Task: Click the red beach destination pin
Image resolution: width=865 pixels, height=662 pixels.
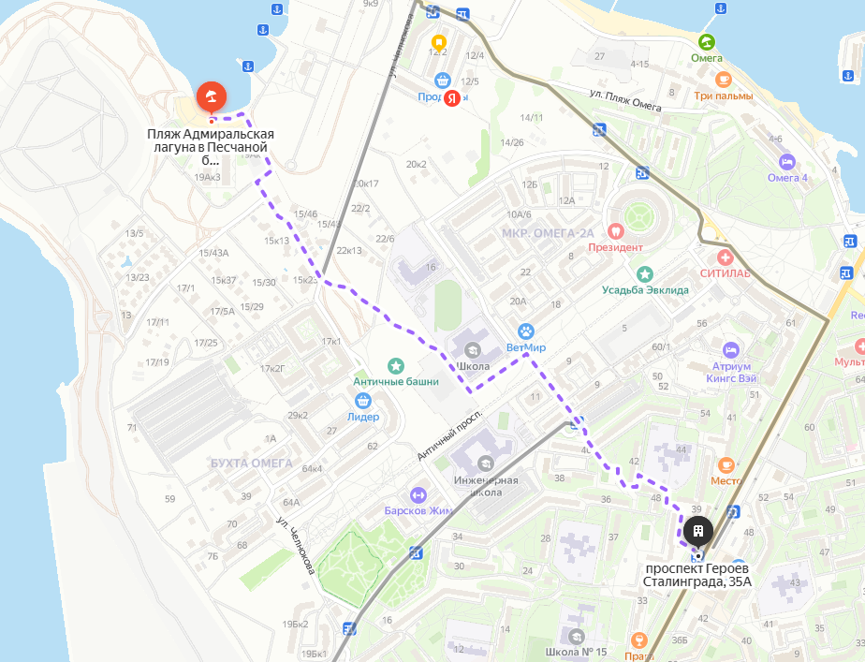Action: pos(211,96)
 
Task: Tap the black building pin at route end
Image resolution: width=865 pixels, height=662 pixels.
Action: pos(697,532)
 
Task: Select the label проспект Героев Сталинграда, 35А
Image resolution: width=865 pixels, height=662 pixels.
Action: pos(696,575)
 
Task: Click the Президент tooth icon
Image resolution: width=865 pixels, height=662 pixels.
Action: pos(615,230)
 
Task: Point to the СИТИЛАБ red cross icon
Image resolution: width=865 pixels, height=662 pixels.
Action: pos(724,257)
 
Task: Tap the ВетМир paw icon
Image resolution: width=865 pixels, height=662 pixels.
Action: pos(526,331)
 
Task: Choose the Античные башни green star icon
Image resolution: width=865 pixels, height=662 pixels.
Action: pos(396,365)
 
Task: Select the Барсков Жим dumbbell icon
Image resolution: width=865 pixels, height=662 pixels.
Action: pos(418,494)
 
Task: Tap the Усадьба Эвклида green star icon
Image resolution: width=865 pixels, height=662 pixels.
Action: pos(645,274)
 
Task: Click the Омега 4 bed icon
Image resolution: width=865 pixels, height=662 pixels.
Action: pos(786,162)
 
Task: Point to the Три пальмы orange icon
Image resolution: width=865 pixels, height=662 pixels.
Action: pos(722,80)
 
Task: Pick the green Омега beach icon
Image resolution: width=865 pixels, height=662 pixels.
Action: pos(706,41)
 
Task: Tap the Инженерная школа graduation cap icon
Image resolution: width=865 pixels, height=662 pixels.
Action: pos(485,463)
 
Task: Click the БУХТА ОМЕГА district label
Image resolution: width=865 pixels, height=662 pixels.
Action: pos(251,463)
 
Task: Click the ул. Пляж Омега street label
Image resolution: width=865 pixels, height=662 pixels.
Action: pos(625,100)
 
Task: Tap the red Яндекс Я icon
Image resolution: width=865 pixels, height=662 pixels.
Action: pos(451,97)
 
